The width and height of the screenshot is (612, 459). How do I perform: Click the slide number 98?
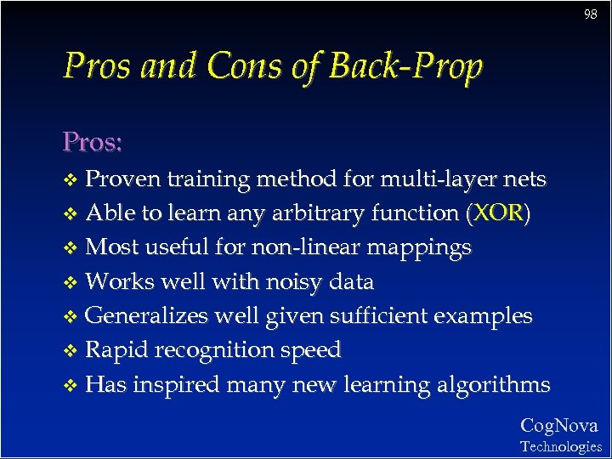(x=591, y=14)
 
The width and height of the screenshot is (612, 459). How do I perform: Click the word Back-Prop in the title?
(x=405, y=66)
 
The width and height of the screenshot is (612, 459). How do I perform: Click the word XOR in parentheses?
(x=498, y=212)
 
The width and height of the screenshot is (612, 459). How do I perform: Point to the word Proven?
(x=124, y=178)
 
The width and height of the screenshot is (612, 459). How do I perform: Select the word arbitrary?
(x=308, y=212)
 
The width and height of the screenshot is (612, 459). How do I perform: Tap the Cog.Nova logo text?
(x=559, y=426)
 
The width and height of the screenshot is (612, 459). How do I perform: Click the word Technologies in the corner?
(x=560, y=446)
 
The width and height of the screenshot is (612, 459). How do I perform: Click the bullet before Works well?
(x=71, y=282)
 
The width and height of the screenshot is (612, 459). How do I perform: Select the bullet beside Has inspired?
(x=71, y=386)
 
